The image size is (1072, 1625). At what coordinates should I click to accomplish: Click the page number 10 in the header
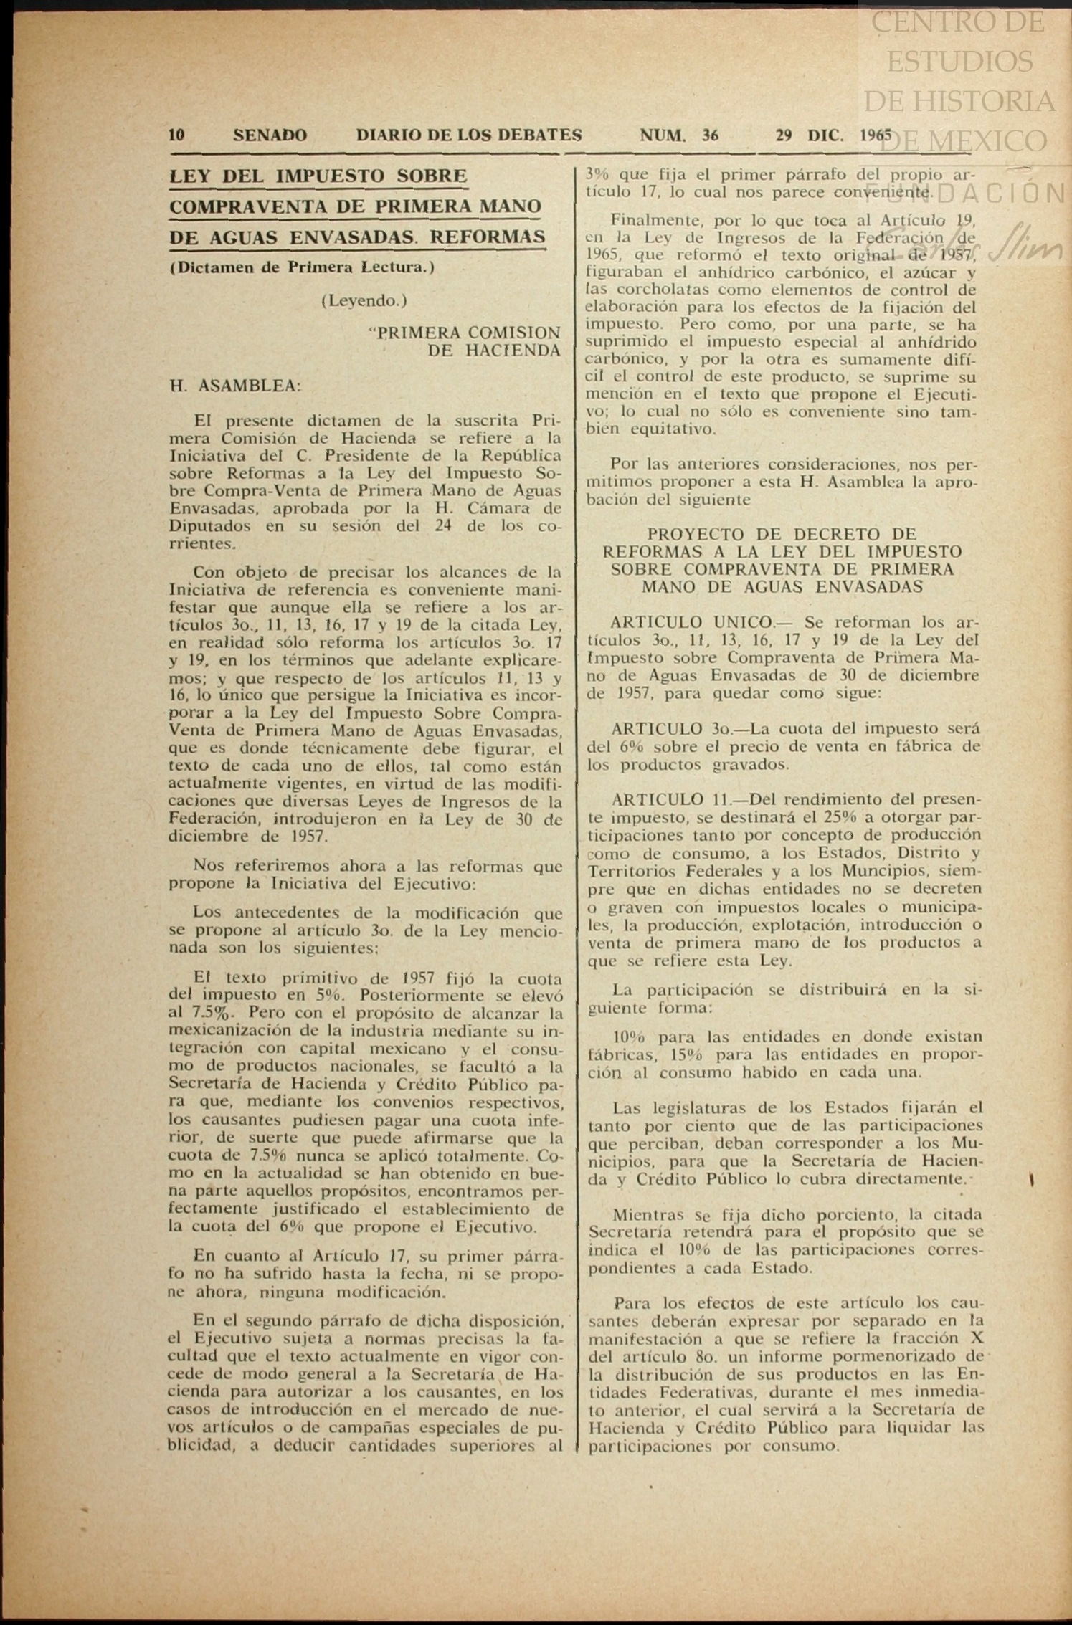tap(177, 135)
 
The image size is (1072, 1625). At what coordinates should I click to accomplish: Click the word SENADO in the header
tap(270, 135)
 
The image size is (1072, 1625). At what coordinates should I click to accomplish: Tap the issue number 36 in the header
tap(711, 135)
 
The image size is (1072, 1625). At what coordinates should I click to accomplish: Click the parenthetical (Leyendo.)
tap(364, 301)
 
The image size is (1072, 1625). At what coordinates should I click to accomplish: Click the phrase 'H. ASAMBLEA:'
tap(235, 386)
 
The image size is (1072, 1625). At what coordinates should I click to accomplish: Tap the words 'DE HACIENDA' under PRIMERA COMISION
tap(494, 351)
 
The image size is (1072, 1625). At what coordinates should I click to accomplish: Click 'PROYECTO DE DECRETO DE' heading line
tap(782, 534)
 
